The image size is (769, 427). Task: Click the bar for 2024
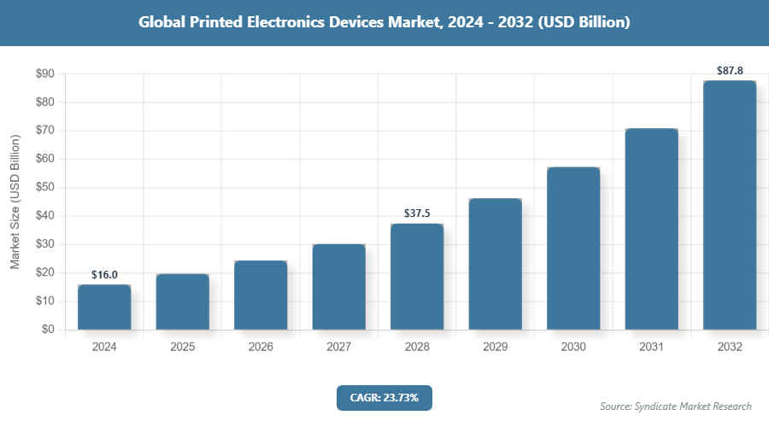pos(104,307)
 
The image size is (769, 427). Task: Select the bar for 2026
pos(261,295)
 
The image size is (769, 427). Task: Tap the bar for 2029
pos(495,264)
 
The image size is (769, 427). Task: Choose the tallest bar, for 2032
pos(730,205)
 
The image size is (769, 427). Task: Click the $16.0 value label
pos(104,274)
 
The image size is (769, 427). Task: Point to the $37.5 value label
pos(417,213)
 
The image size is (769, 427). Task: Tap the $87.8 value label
pos(730,70)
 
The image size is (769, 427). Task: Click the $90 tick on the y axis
pos(44,74)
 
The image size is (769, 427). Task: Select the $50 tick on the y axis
pos(44,188)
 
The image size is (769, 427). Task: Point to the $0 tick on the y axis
pos(48,330)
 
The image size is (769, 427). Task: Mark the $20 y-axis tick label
pos(44,272)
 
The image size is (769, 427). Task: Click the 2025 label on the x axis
pos(182,348)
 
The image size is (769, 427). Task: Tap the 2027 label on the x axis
pos(338,348)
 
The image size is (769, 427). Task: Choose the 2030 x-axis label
pos(573,348)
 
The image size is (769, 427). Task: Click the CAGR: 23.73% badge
pos(384,397)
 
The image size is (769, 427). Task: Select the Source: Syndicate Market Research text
pos(676,407)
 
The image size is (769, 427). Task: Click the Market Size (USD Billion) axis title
pos(15,202)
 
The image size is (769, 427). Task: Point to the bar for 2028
pos(417,277)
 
